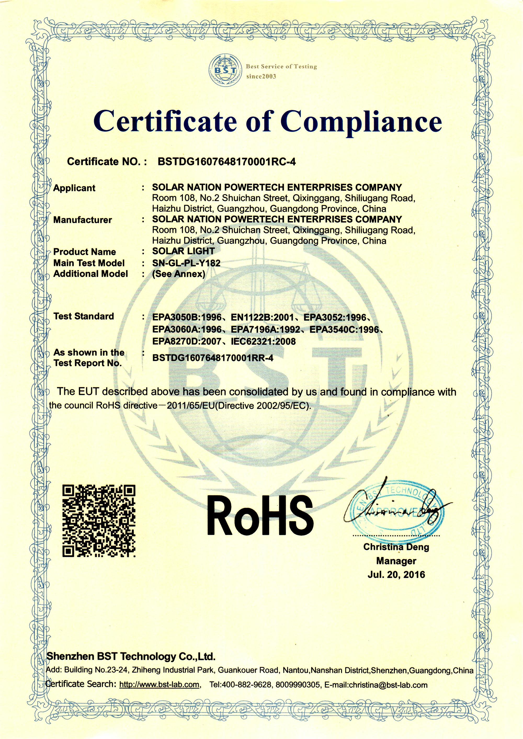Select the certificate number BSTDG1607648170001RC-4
coord(226,161)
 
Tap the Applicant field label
coord(74,188)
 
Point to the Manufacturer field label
coord(82,220)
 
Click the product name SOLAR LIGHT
coord(183,251)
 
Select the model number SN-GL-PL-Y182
coord(186,263)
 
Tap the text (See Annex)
coord(179,274)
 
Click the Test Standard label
coord(84,316)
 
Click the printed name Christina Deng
coord(396,547)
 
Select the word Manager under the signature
coord(396,561)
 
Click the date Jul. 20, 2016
coord(396,575)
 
